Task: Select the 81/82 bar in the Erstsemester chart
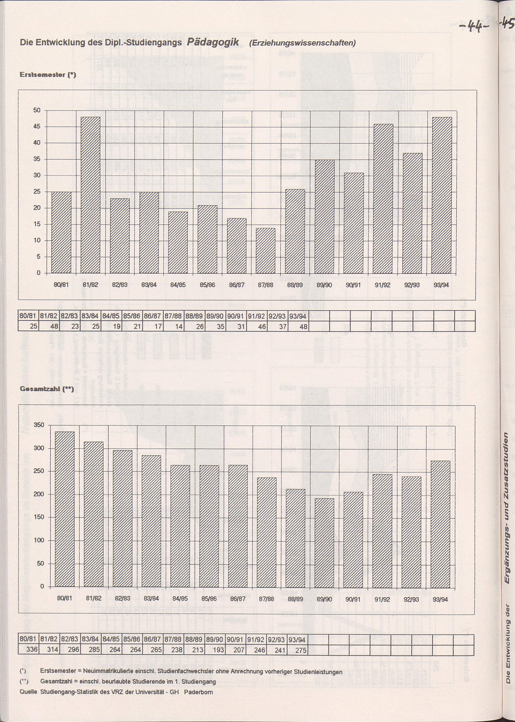click(90, 195)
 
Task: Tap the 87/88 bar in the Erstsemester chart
click(265, 250)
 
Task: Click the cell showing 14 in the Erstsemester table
click(174, 326)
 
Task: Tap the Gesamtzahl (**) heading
click(47, 389)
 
